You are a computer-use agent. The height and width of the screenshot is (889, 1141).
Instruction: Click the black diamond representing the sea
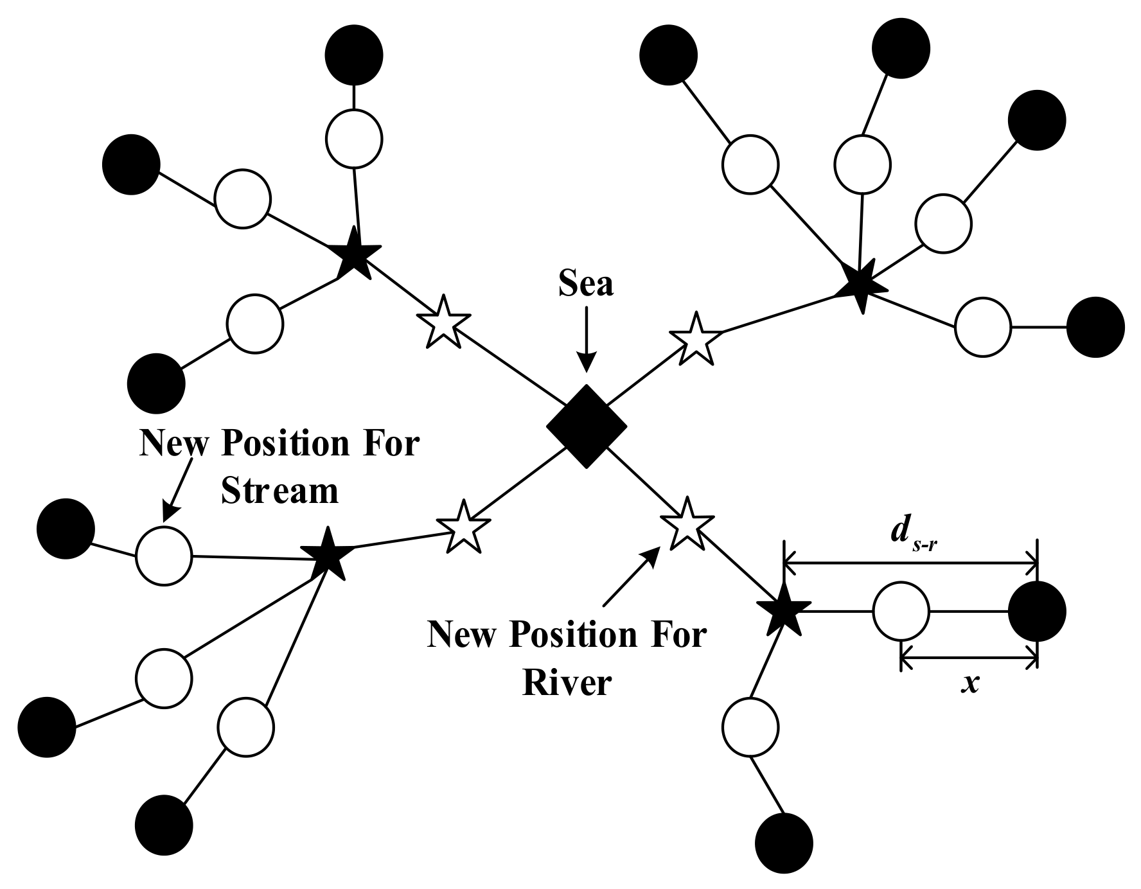point(586,427)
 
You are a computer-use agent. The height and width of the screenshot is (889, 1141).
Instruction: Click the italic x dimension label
point(969,683)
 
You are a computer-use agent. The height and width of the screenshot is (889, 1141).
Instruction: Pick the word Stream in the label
point(279,491)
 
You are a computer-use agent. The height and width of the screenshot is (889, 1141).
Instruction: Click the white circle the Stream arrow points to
point(164,556)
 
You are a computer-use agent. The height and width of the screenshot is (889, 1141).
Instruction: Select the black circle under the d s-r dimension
point(1037,612)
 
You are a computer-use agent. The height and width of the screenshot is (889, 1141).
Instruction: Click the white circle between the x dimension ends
point(901,612)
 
